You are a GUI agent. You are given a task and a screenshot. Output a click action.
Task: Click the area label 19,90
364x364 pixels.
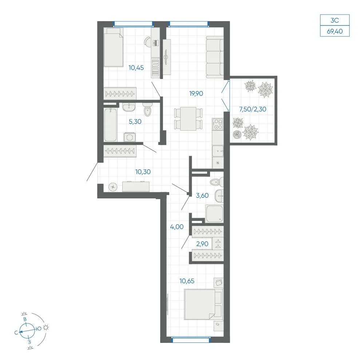[x=196, y=94]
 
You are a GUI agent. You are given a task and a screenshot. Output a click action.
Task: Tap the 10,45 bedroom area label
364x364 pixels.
[x=136, y=68]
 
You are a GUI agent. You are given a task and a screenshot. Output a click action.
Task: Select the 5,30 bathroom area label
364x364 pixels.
[x=135, y=122]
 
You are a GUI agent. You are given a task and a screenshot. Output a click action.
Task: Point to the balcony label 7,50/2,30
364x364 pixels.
[x=253, y=109]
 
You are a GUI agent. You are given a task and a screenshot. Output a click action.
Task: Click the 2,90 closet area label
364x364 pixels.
[x=202, y=244]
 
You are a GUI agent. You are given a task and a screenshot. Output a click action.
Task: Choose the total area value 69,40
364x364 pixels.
[x=335, y=31]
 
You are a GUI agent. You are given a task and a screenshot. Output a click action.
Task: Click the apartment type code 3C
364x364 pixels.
[x=335, y=20]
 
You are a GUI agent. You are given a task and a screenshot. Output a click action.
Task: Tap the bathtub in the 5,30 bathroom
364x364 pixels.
[x=110, y=124]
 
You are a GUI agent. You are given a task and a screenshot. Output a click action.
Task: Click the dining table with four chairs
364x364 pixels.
[x=188, y=119]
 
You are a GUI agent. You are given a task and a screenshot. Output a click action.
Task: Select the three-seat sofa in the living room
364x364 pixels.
[x=215, y=57]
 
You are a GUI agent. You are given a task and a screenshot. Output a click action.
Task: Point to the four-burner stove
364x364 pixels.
[x=218, y=124]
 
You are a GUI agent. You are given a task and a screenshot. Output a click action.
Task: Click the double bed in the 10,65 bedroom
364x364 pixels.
[x=203, y=304]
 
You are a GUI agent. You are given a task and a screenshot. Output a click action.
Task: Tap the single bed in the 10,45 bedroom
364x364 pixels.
[x=113, y=47]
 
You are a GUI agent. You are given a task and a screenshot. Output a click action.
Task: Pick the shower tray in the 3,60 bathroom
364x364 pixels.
[x=214, y=214]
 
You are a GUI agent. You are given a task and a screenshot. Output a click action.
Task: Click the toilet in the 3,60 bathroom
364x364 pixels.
[x=217, y=182]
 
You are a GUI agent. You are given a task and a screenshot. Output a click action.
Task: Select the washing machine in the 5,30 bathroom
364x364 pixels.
[x=130, y=137]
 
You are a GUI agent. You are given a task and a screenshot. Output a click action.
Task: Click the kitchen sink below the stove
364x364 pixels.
[x=218, y=151]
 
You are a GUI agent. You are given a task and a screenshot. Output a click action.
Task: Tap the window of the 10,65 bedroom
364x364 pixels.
[x=190, y=340]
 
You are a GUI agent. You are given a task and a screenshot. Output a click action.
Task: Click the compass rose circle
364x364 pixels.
[x=27, y=331]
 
